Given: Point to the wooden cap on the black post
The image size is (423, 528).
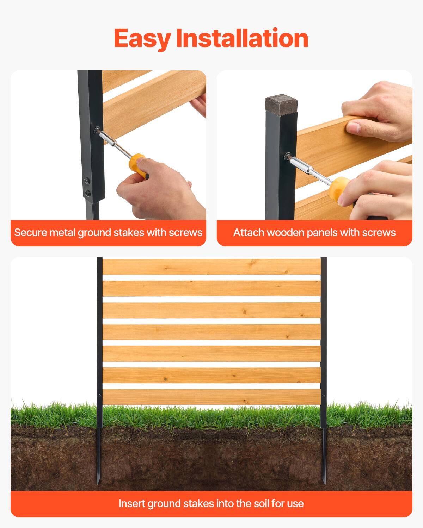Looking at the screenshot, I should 281,102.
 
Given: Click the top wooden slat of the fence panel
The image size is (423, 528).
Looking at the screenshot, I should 211,266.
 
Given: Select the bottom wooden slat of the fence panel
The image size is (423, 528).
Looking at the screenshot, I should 211,397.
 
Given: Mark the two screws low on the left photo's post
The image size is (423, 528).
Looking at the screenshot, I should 87,187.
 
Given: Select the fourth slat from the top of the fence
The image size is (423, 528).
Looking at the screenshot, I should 211,332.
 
